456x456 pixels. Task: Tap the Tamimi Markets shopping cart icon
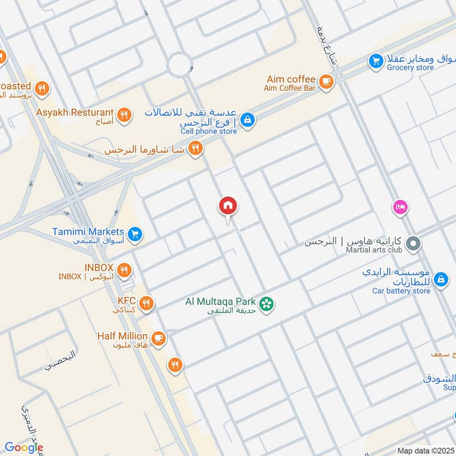[x=135, y=234]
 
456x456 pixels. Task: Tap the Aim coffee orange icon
[x=326, y=82]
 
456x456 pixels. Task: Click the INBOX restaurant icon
[x=124, y=270]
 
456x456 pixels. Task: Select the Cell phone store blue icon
[x=247, y=120]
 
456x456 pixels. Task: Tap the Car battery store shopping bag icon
[x=440, y=279]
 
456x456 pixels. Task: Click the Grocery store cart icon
[x=375, y=60]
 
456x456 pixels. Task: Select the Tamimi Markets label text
[x=88, y=232]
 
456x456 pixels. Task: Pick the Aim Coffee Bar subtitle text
[x=289, y=88]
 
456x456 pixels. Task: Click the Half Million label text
[x=122, y=336]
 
